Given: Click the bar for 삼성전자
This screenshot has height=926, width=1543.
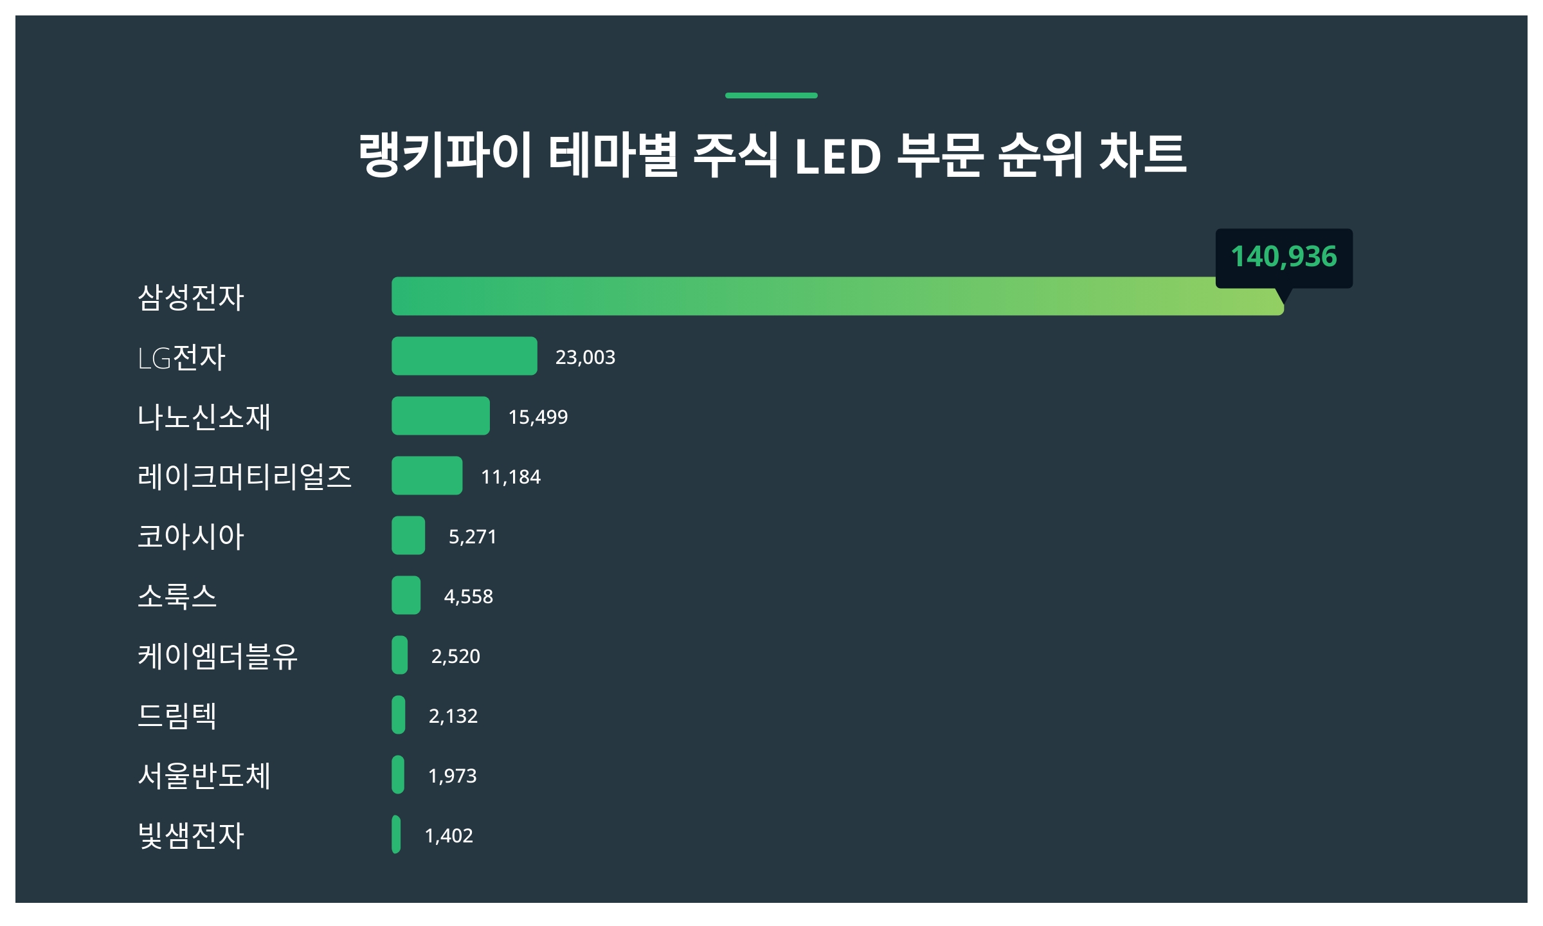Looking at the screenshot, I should coord(836,296).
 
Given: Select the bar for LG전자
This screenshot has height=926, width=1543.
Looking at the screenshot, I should coord(464,356).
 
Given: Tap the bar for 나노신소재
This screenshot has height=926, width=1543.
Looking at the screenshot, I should coord(440,416).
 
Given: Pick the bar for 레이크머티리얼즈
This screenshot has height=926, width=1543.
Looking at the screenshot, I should coord(427,476).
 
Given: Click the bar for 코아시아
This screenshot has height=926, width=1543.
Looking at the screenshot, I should coord(408,536).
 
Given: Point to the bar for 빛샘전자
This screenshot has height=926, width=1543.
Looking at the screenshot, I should coord(396,835).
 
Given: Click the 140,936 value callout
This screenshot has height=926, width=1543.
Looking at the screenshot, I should coord(1284,257).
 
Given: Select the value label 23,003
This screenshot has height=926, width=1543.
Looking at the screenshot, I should coord(585,357).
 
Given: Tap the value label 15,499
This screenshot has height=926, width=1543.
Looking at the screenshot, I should coord(538,417).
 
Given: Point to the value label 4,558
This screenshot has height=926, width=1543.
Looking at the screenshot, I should coord(469,596).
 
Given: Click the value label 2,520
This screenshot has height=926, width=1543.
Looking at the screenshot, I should coord(456,656).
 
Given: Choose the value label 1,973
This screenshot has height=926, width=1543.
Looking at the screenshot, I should coord(453,776).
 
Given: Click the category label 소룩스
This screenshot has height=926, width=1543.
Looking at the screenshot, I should coord(177,596).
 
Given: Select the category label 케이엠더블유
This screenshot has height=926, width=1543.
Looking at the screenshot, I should coord(217,656).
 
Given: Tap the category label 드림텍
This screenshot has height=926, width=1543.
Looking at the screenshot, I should coord(177,716).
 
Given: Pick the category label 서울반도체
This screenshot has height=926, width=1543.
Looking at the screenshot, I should coord(204,776).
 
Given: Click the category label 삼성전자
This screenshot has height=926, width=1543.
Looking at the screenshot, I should coord(191,297).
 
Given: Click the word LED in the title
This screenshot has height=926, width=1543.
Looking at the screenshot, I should coord(838,156).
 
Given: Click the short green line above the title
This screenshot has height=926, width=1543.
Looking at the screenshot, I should coord(771,95).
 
